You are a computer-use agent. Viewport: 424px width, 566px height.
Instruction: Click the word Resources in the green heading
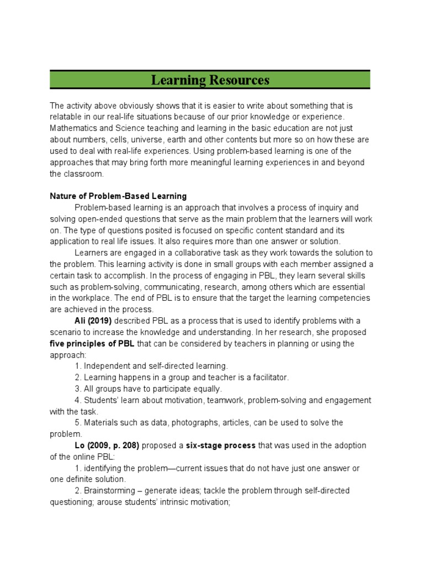point(240,80)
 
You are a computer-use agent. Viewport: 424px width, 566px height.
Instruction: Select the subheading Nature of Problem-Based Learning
point(118,196)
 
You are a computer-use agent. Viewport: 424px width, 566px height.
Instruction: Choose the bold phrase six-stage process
point(220,446)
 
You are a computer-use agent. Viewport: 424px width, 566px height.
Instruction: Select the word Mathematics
point(72,128)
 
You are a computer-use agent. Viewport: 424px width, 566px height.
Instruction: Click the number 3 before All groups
point(77,389)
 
